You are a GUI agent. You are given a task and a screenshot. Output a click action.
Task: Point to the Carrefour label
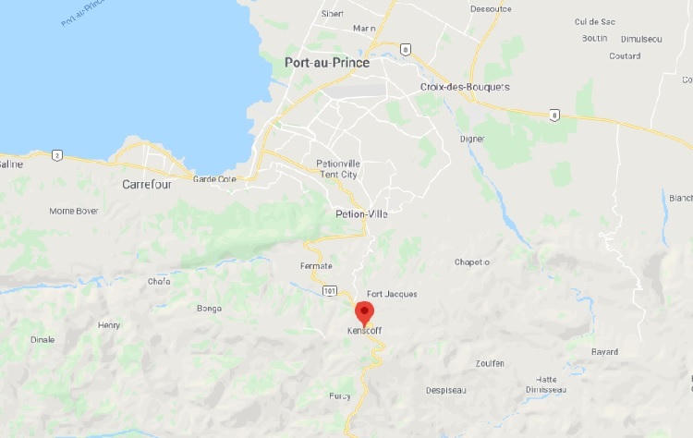(148, 184)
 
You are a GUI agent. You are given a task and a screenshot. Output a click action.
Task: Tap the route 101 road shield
(329, 291)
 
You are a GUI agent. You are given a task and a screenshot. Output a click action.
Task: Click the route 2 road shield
(56, 155)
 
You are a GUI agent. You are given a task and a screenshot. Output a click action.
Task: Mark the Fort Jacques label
(392, 294)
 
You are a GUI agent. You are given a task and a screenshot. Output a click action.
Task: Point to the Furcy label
(340, 395)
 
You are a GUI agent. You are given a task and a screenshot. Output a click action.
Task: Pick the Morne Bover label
(74, 211)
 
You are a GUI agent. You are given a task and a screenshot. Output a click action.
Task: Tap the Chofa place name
(159, 282)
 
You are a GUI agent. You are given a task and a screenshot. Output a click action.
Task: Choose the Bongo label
(209, 309)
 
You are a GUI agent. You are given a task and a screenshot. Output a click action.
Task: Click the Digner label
(472, 140)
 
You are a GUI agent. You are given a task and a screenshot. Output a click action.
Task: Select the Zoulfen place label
(490, 363)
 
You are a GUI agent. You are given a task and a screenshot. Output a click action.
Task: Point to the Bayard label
(604, 352)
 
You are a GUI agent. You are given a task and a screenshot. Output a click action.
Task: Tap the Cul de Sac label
(620, 21)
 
